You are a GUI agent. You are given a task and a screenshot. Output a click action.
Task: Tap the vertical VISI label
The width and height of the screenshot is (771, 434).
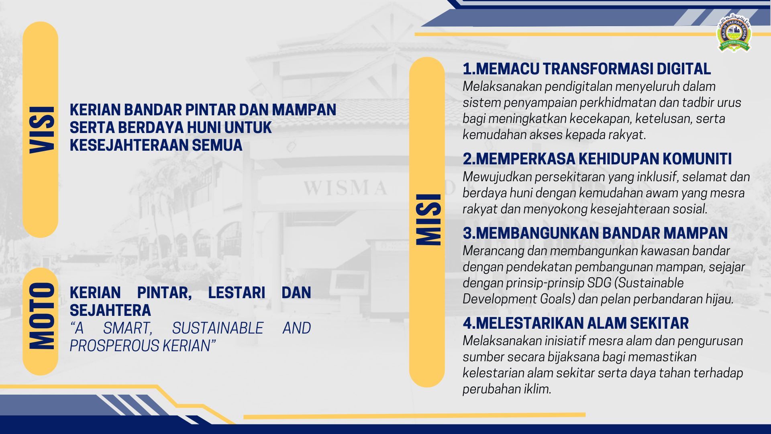pos(41,130)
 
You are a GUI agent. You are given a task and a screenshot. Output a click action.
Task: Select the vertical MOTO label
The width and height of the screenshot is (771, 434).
pos(41,316)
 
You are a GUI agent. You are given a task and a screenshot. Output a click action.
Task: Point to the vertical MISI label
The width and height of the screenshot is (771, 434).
pos(428,219)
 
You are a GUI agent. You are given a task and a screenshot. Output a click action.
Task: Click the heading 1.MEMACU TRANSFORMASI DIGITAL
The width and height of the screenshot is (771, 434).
pos(587,69)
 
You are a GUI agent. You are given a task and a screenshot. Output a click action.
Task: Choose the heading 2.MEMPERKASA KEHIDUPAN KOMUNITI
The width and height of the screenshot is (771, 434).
pos(597,159)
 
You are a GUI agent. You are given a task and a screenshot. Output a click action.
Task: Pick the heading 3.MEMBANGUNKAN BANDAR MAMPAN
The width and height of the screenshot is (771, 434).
pos(595,233)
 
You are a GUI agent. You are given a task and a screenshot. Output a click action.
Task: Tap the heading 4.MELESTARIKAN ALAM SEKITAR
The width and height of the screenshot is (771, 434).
pos(576,323)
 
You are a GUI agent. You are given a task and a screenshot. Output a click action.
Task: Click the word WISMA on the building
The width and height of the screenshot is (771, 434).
pos(345,188)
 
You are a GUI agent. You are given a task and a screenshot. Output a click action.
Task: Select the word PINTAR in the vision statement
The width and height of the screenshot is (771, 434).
pos(210,110)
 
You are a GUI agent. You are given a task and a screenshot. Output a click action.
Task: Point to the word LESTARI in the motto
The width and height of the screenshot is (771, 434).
pos(237,293)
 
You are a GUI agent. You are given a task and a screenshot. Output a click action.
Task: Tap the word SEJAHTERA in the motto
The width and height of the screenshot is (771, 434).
pos(110,310)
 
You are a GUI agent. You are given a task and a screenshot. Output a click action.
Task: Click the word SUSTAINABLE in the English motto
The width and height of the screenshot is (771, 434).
pos(218,328)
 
